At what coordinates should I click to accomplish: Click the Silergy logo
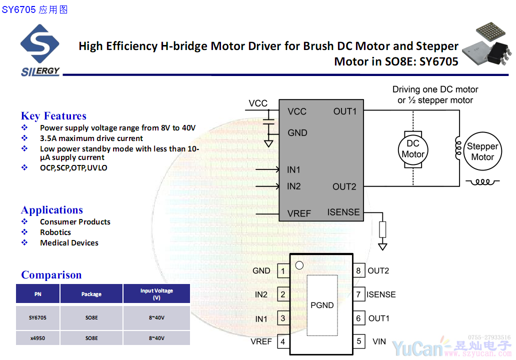coord(40,50)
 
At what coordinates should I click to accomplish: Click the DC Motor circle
coord(413,149)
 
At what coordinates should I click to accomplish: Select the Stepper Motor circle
coord(482,151)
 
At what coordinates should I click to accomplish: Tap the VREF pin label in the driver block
coord(299,213)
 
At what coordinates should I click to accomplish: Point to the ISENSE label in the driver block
coord(343,212)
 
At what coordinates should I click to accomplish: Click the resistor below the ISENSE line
coord(383,229)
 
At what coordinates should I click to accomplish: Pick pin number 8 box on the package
coord(358,271)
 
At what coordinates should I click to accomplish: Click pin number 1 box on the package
coord(283,271)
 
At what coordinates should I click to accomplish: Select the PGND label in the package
coord(322,305)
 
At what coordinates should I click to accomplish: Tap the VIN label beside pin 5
coord(379,341)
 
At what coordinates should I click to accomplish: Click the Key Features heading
coord(53,116)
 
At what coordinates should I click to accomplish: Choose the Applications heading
coord(52,210)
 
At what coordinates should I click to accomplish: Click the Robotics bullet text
coord(55,232)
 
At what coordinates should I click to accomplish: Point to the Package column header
coord(91,294)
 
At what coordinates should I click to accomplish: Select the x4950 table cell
coord(37,338)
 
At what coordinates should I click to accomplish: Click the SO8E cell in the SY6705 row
coord(91,317)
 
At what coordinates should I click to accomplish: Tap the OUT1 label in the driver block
coord(345,111)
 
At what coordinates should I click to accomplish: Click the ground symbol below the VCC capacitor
coord(268,143)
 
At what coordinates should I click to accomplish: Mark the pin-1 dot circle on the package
coord(299,265)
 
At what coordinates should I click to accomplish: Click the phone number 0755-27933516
coord(489,337)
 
